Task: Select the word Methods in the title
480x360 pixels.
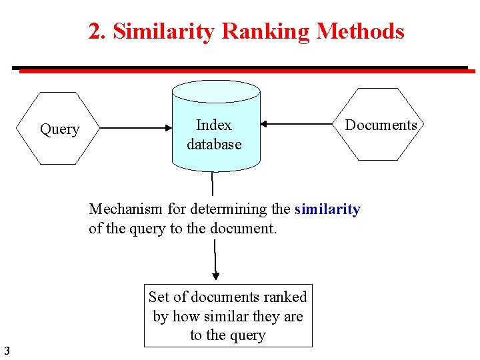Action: pos(361,31)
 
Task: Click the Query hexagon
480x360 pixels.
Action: pos(59,129)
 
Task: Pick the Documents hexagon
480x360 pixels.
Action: pos(381,125)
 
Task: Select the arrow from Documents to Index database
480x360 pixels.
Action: pos(297,123)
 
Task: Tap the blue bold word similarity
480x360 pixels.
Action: pos(327,209)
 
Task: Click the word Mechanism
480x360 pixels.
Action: pos(126,209)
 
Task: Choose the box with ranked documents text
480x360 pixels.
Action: pos(228,316)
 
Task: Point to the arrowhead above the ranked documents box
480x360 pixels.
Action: pos(215,275)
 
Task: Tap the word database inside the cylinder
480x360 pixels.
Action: pos(214,144)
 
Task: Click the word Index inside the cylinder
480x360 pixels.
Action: pos(214,125)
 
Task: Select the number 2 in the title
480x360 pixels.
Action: pos(95,31)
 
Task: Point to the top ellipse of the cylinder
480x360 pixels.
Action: pos(215,91)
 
